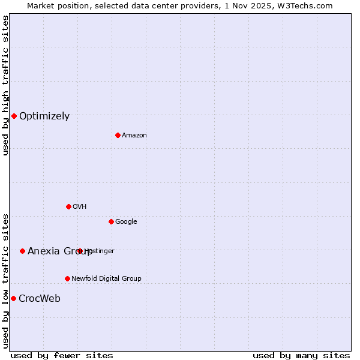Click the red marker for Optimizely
point(14,116)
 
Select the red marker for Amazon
point(118,135)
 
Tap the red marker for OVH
point(68,206)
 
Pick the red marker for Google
point(111,221)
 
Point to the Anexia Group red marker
point(22,251)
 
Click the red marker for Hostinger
point(80,251)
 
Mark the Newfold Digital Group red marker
point(67,278)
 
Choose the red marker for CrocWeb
point(13,298)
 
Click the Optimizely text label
point(44,116)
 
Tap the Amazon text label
point(134,135)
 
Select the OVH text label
point(79,206)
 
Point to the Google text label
point(126,221)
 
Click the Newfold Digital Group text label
point(106,278)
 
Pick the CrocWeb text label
point(40,299)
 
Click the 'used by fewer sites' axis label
point(62,356)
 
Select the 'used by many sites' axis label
point(301,356)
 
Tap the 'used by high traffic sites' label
point(5,85)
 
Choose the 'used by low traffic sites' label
point(5,280)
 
